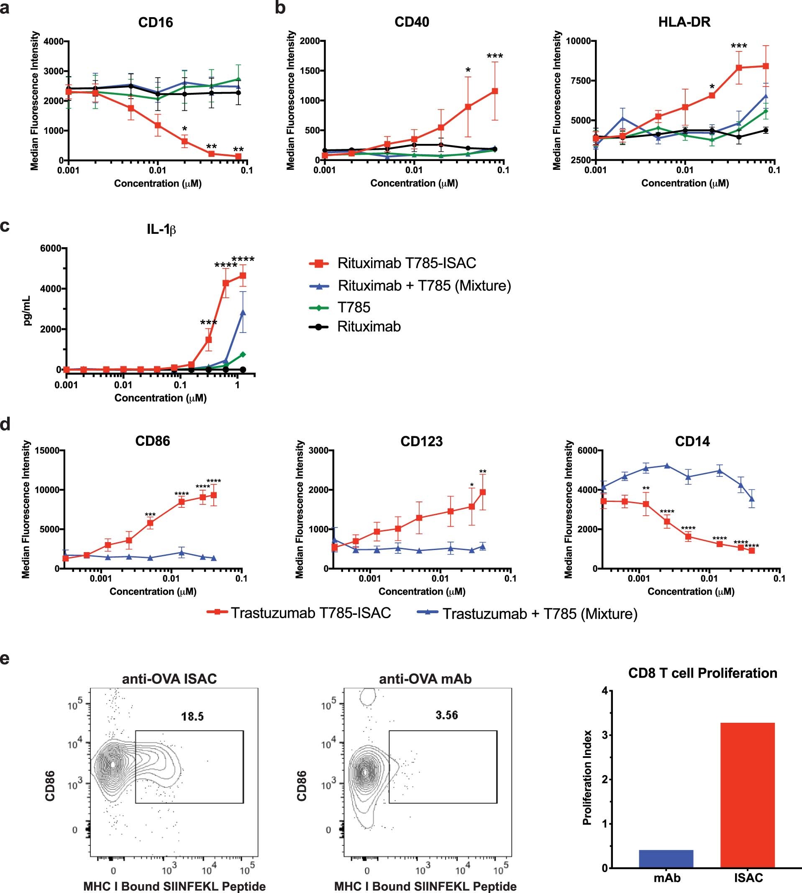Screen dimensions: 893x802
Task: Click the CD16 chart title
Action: (155, 22)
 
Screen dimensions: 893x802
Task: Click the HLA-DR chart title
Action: (684, 22)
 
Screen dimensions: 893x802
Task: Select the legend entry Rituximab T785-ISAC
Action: (406, 263)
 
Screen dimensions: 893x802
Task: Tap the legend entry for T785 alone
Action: (354, 307)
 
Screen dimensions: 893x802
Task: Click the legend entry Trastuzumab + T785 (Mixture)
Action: (539, 614)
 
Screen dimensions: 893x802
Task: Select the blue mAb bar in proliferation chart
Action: (666, 859)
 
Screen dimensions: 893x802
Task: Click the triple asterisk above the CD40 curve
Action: (495, 56)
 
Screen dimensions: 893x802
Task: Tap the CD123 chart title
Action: (421, 441)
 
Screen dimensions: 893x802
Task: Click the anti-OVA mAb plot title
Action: (425, 679)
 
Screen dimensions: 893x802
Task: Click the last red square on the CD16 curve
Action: (238, 156)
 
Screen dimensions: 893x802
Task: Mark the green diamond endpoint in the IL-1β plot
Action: (242, 355)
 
